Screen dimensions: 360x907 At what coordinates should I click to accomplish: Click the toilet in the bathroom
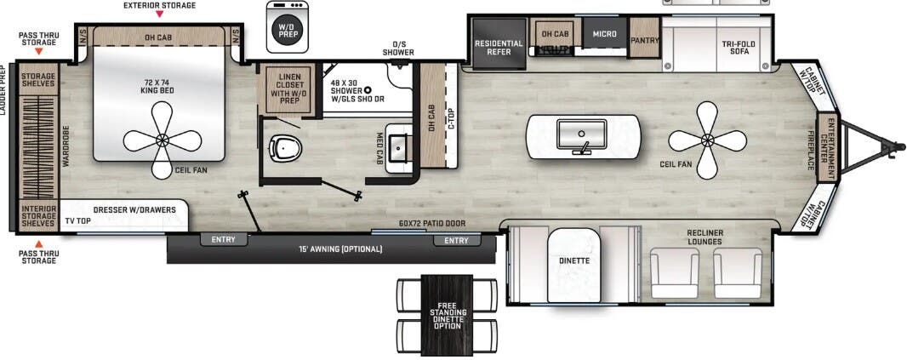[285, 149]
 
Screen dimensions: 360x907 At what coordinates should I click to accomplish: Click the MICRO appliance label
[604, 34]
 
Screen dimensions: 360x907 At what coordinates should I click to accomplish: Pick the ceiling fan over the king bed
[162, 140]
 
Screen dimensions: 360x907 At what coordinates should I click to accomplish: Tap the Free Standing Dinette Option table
[448, 315]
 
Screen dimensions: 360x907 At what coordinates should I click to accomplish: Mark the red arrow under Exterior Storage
[159, 15]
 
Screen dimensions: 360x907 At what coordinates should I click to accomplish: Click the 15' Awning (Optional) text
[339, 249]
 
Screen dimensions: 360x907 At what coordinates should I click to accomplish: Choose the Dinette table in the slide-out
[574, 263]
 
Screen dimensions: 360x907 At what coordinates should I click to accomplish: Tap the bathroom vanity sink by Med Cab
[399, 149]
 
